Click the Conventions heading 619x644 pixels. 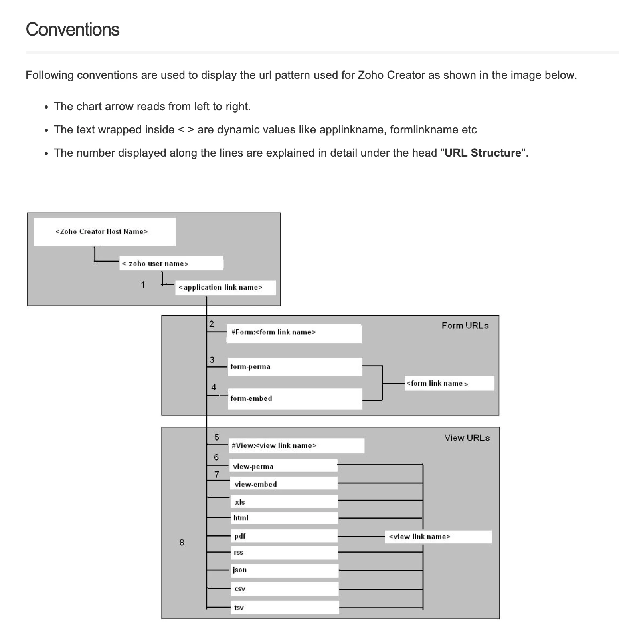73,30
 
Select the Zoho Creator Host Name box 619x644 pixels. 105,232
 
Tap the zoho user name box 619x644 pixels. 171,263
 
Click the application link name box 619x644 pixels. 225,288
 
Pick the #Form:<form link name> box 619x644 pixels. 294,333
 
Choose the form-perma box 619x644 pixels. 295,367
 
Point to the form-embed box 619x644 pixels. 295,398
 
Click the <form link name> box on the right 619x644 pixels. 449,383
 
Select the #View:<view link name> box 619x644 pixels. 296,445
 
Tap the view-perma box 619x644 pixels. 283,466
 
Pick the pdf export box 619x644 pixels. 284,536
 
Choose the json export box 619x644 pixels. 285,570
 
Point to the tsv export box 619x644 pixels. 285,607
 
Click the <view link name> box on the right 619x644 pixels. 438,537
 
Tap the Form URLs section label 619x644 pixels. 465,326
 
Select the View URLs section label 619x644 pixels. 467,438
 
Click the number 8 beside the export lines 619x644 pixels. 182,543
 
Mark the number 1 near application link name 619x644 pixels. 143,285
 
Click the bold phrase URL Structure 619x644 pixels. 483,153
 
